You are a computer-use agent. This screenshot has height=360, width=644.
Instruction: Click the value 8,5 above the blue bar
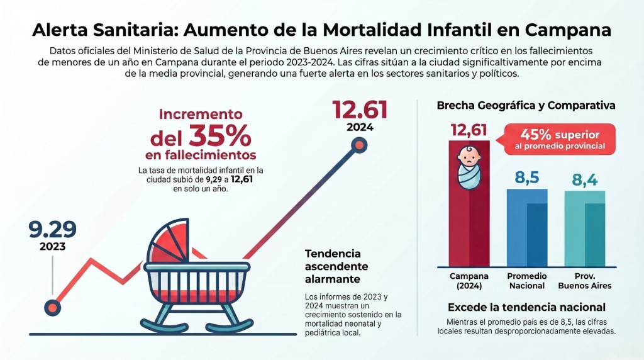(527, 178)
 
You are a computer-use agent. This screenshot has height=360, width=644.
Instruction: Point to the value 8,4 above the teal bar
(585, 180)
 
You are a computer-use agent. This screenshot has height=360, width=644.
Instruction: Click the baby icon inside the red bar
(469, 167)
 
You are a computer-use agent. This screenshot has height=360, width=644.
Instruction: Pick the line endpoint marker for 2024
(358, 146)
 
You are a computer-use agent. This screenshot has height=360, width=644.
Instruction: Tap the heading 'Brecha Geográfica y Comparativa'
(526, 106)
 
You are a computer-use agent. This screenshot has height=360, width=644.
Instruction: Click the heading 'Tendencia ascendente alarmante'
(333, 266)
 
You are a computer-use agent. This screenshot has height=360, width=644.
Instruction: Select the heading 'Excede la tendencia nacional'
(526, 307)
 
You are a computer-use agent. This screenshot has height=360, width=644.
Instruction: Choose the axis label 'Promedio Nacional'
(527, 281)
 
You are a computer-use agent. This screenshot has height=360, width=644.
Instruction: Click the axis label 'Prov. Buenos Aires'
(585, 281)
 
